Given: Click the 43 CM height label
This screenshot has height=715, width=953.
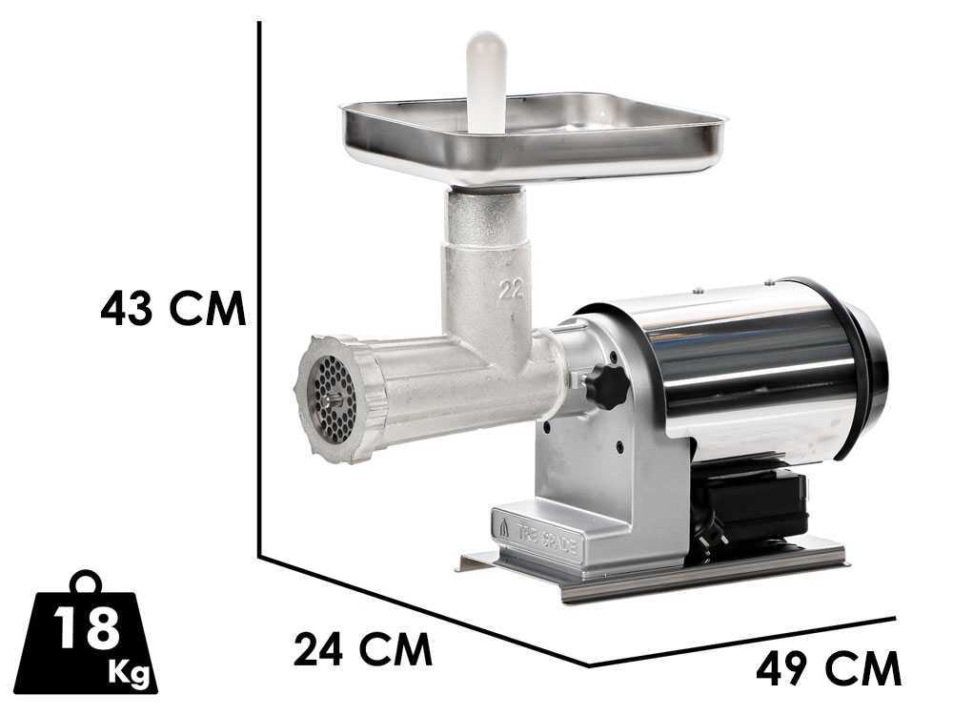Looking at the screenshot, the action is tap(173, 309).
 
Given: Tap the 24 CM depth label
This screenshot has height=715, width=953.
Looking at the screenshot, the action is tap(363, 649).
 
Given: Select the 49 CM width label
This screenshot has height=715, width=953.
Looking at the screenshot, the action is tap(828, 669).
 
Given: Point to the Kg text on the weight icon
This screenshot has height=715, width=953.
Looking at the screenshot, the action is tap(129, 674).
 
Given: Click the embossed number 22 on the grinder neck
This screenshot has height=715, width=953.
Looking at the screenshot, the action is tap(511, 290).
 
